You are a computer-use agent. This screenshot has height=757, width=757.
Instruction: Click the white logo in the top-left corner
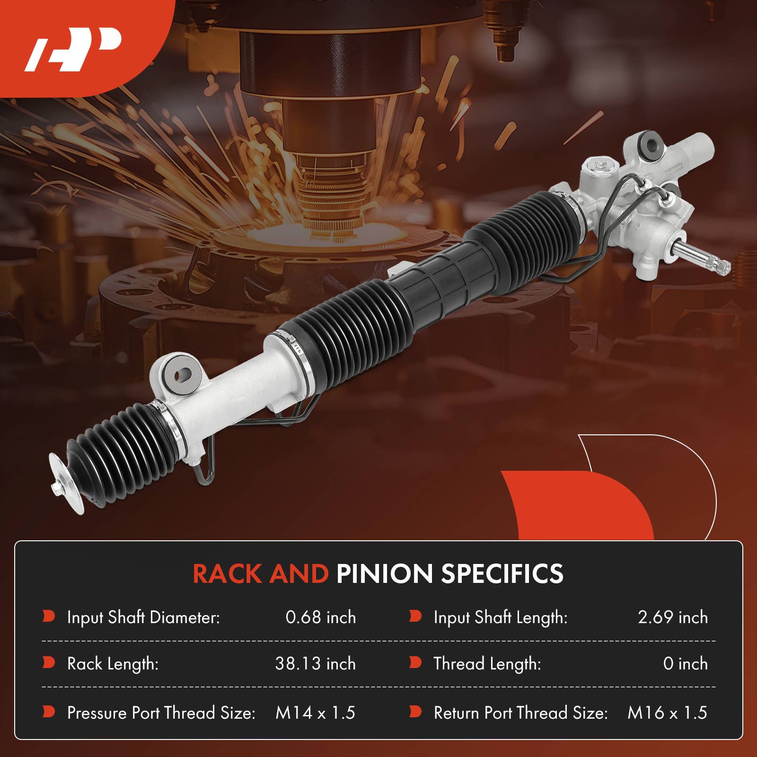[73, 49]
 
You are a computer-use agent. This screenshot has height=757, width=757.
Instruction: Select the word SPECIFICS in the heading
[502, 574]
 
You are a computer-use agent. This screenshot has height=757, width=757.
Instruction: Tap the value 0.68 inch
[320, 617]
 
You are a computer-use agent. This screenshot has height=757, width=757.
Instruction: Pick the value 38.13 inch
[315, 664]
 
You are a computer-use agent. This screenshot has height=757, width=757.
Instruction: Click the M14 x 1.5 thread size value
[315, 713]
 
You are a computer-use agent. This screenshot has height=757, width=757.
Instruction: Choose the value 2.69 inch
[672, 617]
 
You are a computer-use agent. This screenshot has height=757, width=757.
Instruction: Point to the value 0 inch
[685, 664]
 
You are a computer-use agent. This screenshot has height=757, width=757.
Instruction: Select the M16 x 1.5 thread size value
[667, 713]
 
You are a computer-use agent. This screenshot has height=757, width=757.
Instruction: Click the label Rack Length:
[113, 664]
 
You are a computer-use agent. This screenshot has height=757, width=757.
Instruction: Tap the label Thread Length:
[487, 664]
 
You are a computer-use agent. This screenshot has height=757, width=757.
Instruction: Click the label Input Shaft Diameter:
[143, 617]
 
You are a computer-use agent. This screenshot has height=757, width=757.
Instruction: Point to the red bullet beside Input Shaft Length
[415, 616]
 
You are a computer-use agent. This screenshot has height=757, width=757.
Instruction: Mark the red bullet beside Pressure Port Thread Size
[49, 712]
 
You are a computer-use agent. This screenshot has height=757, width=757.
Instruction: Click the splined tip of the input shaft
[719, 266]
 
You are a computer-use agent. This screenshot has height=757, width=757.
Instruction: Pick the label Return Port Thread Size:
[520, 713]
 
